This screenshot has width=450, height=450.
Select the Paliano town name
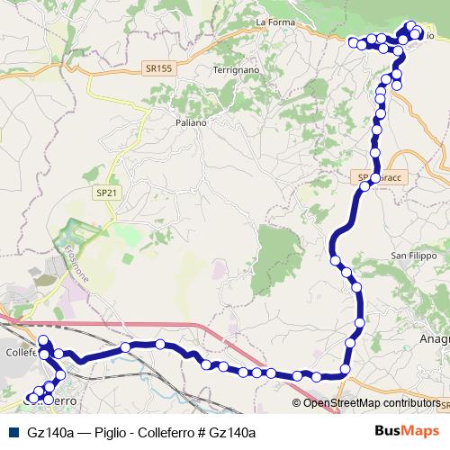[x=191, y=122]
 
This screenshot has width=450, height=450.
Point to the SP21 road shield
[x=108, y=193]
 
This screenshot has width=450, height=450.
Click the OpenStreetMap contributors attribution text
[x=372, y=403]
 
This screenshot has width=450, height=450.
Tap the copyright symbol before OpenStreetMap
[x=297, y=403]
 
